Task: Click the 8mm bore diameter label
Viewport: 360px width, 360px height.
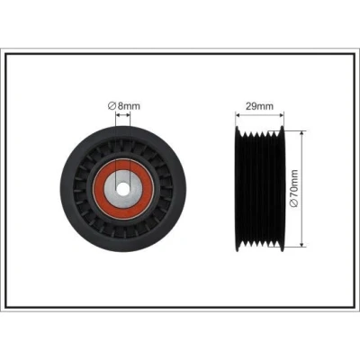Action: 124,106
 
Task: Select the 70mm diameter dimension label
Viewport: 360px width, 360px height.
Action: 294,188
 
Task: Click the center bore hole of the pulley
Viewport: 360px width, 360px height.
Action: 123,189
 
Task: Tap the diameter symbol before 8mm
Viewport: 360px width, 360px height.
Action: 112,106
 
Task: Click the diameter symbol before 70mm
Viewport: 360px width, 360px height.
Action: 294,203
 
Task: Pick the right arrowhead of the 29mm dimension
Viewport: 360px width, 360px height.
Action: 281,114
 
